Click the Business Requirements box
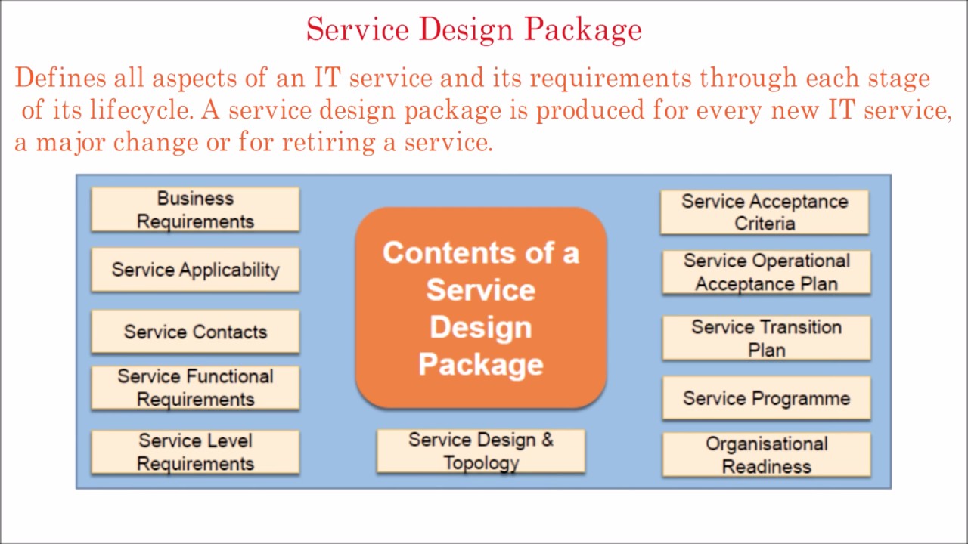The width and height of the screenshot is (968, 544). tap(195, 209)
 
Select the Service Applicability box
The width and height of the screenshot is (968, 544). tap(195, 270)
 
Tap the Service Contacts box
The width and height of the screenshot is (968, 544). tap(195, 332)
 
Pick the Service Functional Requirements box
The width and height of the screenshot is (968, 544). tap(195, 388)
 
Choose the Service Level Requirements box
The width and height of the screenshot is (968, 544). tap(195, 452)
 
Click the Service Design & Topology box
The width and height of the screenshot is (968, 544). tap(481, 451)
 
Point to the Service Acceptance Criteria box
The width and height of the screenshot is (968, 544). tap(765, 212)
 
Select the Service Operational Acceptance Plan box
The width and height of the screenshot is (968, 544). tap(766, 272)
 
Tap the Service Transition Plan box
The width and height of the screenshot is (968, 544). tap(766, 338)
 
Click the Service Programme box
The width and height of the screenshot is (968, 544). tap(766, 398)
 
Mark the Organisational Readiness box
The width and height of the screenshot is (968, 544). tap(766, 455)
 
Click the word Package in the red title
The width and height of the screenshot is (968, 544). tap(583, 30)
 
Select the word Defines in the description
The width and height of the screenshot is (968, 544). tap(60, 78)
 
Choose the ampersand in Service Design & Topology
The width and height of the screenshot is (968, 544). tap(546, 440)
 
